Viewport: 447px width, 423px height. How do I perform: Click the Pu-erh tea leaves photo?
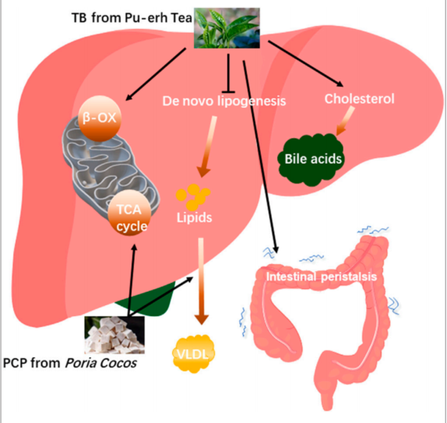[227, 28]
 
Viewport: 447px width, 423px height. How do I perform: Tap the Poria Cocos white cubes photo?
[114, 335]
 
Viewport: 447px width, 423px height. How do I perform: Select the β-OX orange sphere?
[99, 118]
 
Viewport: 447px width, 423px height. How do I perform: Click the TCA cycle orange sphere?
[129, 213]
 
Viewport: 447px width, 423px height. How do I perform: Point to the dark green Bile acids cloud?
[311, 160]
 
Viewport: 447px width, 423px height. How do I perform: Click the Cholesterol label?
[359, 99]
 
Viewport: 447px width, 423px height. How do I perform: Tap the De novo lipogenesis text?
[224, 101]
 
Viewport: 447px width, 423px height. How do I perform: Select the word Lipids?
[194, 217]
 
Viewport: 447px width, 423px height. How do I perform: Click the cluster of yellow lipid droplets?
[193, 197]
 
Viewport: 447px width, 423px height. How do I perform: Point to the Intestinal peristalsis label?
[321, 277]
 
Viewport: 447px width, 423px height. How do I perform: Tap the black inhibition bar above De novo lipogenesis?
[229, 92]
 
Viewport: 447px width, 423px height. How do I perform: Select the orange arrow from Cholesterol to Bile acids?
[345, 120]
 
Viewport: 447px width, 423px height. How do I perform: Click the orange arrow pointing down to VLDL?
[201, 281]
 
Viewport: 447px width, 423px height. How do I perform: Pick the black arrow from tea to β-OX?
[156, 74]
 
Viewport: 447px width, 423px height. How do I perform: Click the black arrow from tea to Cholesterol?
[305, 63]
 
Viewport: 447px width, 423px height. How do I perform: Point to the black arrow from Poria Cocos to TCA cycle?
[132, 280]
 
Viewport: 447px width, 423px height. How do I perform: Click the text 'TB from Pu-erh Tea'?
[132, 18]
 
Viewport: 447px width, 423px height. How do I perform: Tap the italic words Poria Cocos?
[101, 364]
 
